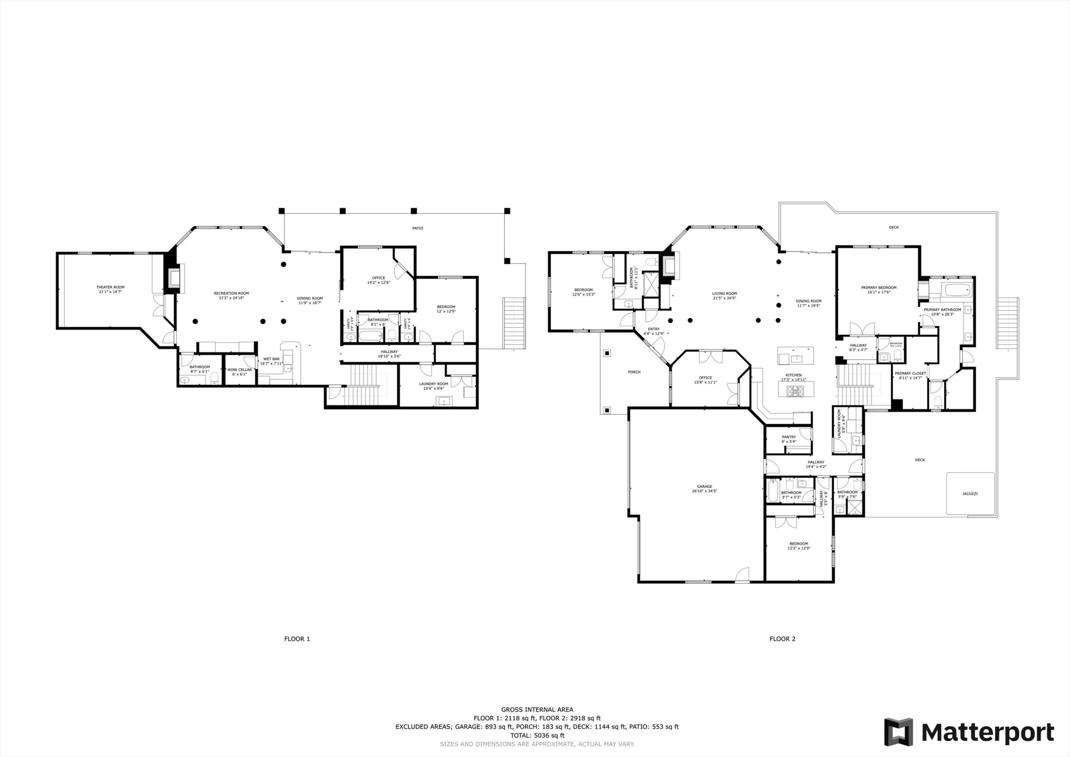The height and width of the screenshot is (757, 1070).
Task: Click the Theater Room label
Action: pos(111,287)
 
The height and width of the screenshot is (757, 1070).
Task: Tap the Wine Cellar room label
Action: pos(240,370)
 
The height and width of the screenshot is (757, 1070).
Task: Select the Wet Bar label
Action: pos(271,359)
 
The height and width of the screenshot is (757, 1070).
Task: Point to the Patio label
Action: pos(418,228)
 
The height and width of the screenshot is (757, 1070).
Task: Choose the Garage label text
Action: pos(704,487)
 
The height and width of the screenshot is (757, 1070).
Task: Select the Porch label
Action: pos(634,372)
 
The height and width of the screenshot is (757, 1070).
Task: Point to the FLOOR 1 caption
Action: pos(297,639)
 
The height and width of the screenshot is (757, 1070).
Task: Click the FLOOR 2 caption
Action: pos(783,639)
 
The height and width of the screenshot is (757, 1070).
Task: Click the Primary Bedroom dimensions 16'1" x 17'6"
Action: pos(878,293)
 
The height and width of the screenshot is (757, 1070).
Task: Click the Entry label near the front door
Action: pos(653,329)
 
